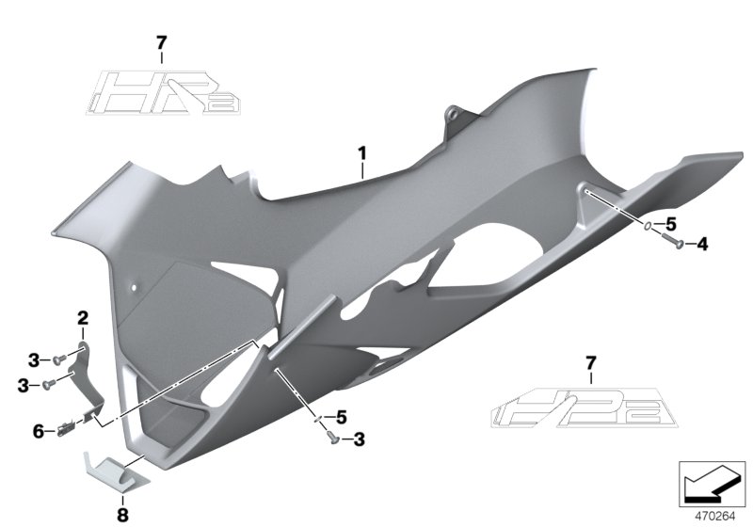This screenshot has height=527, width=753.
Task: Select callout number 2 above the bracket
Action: (x=83, y=317)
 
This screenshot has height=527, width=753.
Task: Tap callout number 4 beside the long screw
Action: (x=702, y=245)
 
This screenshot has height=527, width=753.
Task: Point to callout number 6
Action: (x=39, y=431)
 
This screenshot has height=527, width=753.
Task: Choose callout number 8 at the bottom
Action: (x=120, y=515)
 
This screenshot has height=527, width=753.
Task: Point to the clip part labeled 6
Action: (x=67, y=429)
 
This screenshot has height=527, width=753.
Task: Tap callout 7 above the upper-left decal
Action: (x=161, y=42)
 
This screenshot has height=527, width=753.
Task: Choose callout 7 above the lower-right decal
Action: (x=590, y=362)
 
